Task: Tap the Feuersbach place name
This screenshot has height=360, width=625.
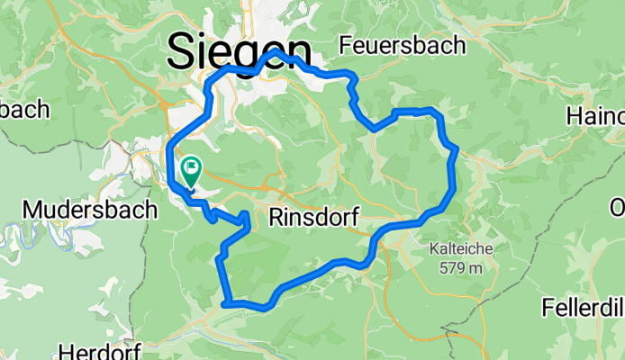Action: pos(403,44)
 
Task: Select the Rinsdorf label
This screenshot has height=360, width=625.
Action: pos(314,218)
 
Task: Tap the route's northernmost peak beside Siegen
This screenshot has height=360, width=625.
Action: pos(275,54)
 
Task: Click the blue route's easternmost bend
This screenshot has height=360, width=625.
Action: pos(457,149)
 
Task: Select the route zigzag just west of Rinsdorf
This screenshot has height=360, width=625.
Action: pos(245,221)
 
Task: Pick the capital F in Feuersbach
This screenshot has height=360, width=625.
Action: pos(347,44)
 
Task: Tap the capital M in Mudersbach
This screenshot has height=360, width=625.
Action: pos(33,210)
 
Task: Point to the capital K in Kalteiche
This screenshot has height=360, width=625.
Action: pos(433,249)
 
